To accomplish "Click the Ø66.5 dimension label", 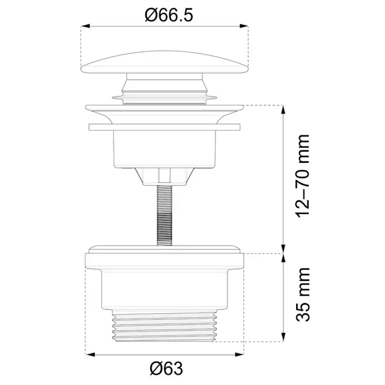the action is click(x=169, y=15).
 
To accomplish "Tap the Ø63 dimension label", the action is click(x=167, y=368).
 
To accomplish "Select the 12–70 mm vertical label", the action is click(x=303, y=176).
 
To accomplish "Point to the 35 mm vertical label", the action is click(x=303, y=295).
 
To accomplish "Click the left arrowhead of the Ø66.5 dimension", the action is click(x=85, y=26).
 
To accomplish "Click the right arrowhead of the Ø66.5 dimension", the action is click(x=244, y=26).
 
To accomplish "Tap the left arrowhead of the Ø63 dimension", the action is click(x=90, y=355).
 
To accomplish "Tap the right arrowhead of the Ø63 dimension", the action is click(x=239, y=355).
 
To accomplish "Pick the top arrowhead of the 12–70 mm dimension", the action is click(x=283, y=110).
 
